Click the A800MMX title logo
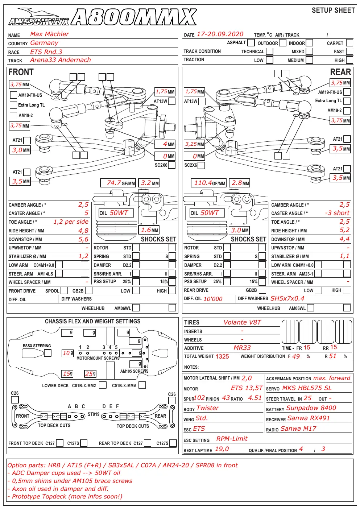tap(134, 17)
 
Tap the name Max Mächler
tap(49, 34)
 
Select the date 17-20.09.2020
tap(220, 34)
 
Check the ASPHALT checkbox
tap(251, 42)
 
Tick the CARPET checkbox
tap(349, 43)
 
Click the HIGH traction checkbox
tap(349, 60)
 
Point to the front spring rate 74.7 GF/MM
tap(118, 183)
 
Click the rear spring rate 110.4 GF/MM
tap(208, 183)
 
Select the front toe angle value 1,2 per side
tap(71, 222)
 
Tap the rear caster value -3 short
tap(337, 213)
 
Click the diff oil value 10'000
tap(213, 299)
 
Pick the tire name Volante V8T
tap(242, 322)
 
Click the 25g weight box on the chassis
tap(91, 373)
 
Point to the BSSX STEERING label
tap(37, 346)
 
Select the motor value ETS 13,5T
tap(247, 388)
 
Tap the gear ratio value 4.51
tap(255, 398)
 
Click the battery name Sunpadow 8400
tap(311, 408)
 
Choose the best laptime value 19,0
tap(222, 449)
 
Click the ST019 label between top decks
tap(94, 414)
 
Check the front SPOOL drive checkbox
tap(64, 290)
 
